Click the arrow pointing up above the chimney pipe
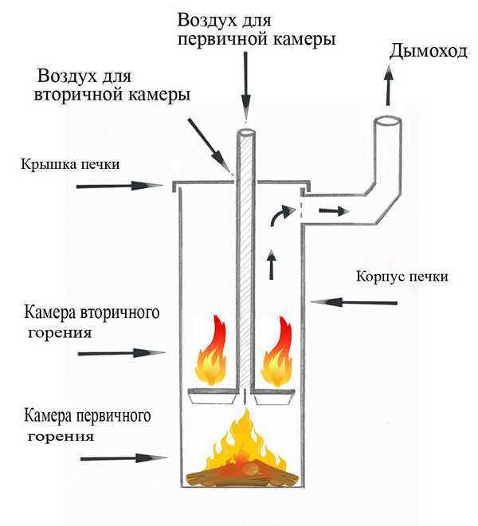click(x=389, y=86)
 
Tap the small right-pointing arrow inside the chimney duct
click(x=333, y=212)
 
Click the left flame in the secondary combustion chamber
click(x=212, y=351)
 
